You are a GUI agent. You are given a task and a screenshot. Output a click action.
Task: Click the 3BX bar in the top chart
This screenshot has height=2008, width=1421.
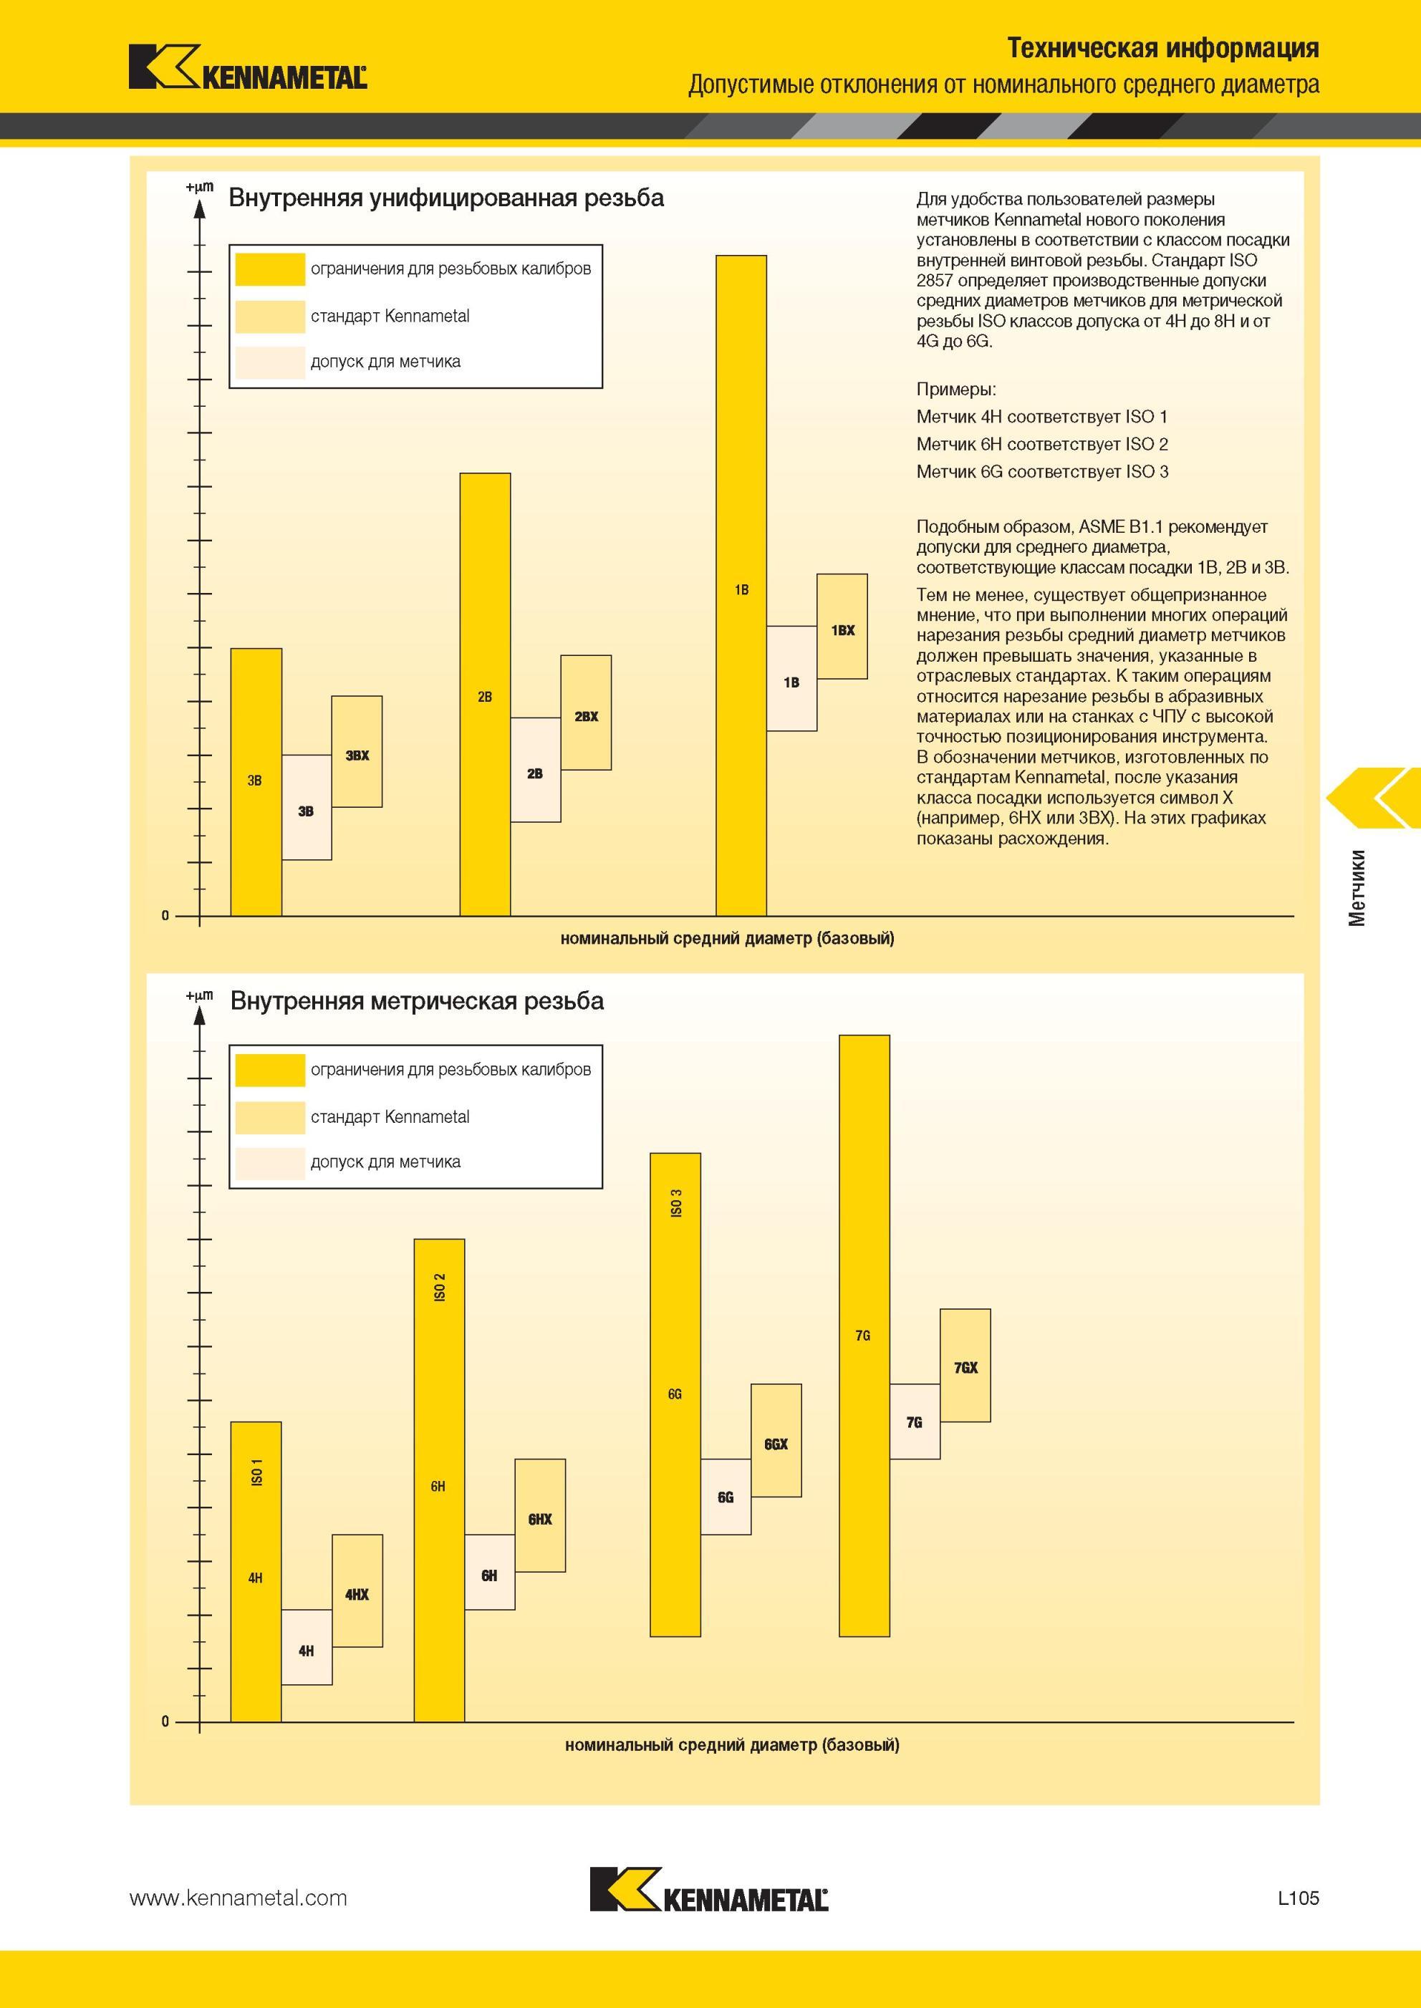click(356, 752)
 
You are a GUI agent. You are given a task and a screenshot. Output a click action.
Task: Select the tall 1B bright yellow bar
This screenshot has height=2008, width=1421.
click(741, 585)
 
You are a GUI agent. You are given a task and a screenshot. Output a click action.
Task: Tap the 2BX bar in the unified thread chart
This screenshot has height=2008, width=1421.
click(587, 713)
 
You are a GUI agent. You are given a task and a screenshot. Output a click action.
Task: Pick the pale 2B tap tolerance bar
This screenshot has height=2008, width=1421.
click(536, 770)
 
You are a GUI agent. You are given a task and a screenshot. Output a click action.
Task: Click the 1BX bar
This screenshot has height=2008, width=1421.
click(842, 627)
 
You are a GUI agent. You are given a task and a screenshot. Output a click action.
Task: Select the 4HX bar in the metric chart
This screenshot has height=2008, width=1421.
click(357, 1591)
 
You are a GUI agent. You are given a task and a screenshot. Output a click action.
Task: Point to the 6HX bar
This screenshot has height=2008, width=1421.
click(540, 1515)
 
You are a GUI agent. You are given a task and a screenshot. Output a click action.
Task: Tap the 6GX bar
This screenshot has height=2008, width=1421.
click(776, 1440)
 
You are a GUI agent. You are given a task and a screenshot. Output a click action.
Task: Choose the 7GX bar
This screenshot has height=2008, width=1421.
click(965, 1365)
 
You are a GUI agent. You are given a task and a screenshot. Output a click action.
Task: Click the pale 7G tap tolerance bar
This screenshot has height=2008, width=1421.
click(915, 1421)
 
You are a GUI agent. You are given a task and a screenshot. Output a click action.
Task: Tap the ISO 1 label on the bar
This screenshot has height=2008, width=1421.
click(256, 1473)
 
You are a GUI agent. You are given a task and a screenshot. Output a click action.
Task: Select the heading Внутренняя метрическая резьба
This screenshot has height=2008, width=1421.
click(417, 1001)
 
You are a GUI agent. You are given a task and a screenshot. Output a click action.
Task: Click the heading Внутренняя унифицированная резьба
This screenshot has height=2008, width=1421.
click(446, 198)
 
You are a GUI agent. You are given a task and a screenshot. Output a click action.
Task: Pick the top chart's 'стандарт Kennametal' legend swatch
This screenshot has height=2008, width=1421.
click(269, 317)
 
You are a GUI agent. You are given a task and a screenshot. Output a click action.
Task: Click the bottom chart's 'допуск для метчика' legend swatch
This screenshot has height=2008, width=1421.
click(269, 1163)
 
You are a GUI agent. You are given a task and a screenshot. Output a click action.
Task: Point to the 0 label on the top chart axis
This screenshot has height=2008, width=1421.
click(165, 916)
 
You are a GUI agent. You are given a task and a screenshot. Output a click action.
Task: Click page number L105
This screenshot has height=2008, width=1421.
click(1298, 1898)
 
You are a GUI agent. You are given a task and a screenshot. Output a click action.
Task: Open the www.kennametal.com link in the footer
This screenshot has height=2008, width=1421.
click(238, 1898)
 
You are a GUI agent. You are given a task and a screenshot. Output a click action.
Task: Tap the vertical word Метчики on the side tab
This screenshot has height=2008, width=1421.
click(1357, 887)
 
